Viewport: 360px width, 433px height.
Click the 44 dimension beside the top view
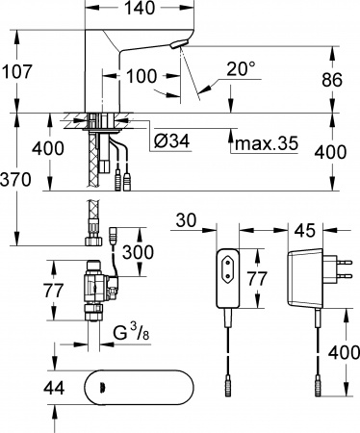(19, 388)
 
